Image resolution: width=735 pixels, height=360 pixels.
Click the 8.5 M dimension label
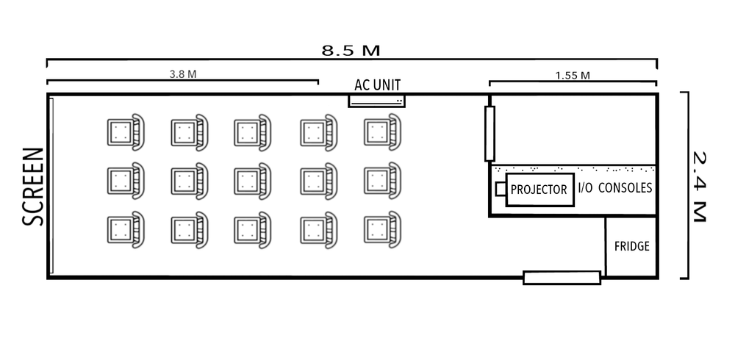pos(351,51)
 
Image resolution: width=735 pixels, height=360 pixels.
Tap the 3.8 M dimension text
pos(183,74)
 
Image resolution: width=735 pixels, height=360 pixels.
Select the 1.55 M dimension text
pos(573,75)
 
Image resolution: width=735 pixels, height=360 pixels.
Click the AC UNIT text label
pos(377,84)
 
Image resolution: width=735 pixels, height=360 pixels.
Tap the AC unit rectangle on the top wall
pos(376,100)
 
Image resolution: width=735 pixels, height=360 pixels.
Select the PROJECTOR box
pos(539,190)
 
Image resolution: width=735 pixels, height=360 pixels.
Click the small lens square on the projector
pos(501,190)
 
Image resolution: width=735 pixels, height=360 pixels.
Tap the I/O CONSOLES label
pos(615,188)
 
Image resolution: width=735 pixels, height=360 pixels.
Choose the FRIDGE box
pos(631,247)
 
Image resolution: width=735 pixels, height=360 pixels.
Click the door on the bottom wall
pos(562,278)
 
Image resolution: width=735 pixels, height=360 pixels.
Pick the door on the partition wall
pos(490,133)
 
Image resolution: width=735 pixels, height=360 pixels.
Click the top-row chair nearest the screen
pos(124,132)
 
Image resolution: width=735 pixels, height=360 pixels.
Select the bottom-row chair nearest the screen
pos(124,229)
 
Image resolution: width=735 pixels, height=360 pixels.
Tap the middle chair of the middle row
pos(252,181)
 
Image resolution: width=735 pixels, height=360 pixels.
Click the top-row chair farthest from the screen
pos(381,132)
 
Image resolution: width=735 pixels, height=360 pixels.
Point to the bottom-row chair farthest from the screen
pos(381,229)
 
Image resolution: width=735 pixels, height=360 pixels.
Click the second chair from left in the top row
pos(188,132)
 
